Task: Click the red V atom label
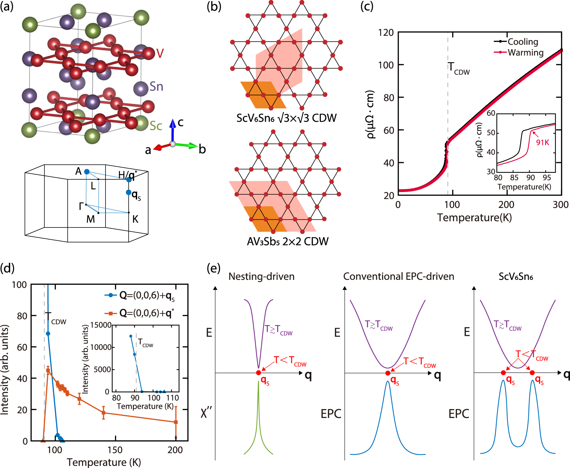pyautogui.click(x=160, y=53)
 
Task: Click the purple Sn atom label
pyautogui.click(x=156, y=87)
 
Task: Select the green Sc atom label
pyautogui.click(x=156, y=126)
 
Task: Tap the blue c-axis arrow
pyautogui.click(x=173, y=130)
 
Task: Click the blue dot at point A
pyautogui.click(x=87, y=172)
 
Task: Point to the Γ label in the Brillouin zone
pyautogui.click(x=81, y=206)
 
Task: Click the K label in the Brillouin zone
pyautogui.click(x=135, y=219)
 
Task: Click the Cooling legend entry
pyautogui.click(x=522, y=42)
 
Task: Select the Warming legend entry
pyautogui.click(x=525, y=52)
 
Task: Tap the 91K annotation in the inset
pyautogui.click(x=542, y=142)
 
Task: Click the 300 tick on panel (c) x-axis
pyautogui.click(x=561, y=205)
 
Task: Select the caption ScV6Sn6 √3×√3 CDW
pyautogui.click(x=286, y=118)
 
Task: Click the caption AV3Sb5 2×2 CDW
pyautogui.click(x=287, y=241)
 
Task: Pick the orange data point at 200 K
pyautogui.click(x=176, y=422)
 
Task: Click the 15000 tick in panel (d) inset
pyautogui.click(x=101, y=325)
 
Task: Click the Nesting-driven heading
pyautogui.click(x=261, y=276)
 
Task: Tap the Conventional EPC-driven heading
pyautogui.click(x=398, y=276)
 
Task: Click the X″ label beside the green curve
pyautogui.click(x=206, y=413)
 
